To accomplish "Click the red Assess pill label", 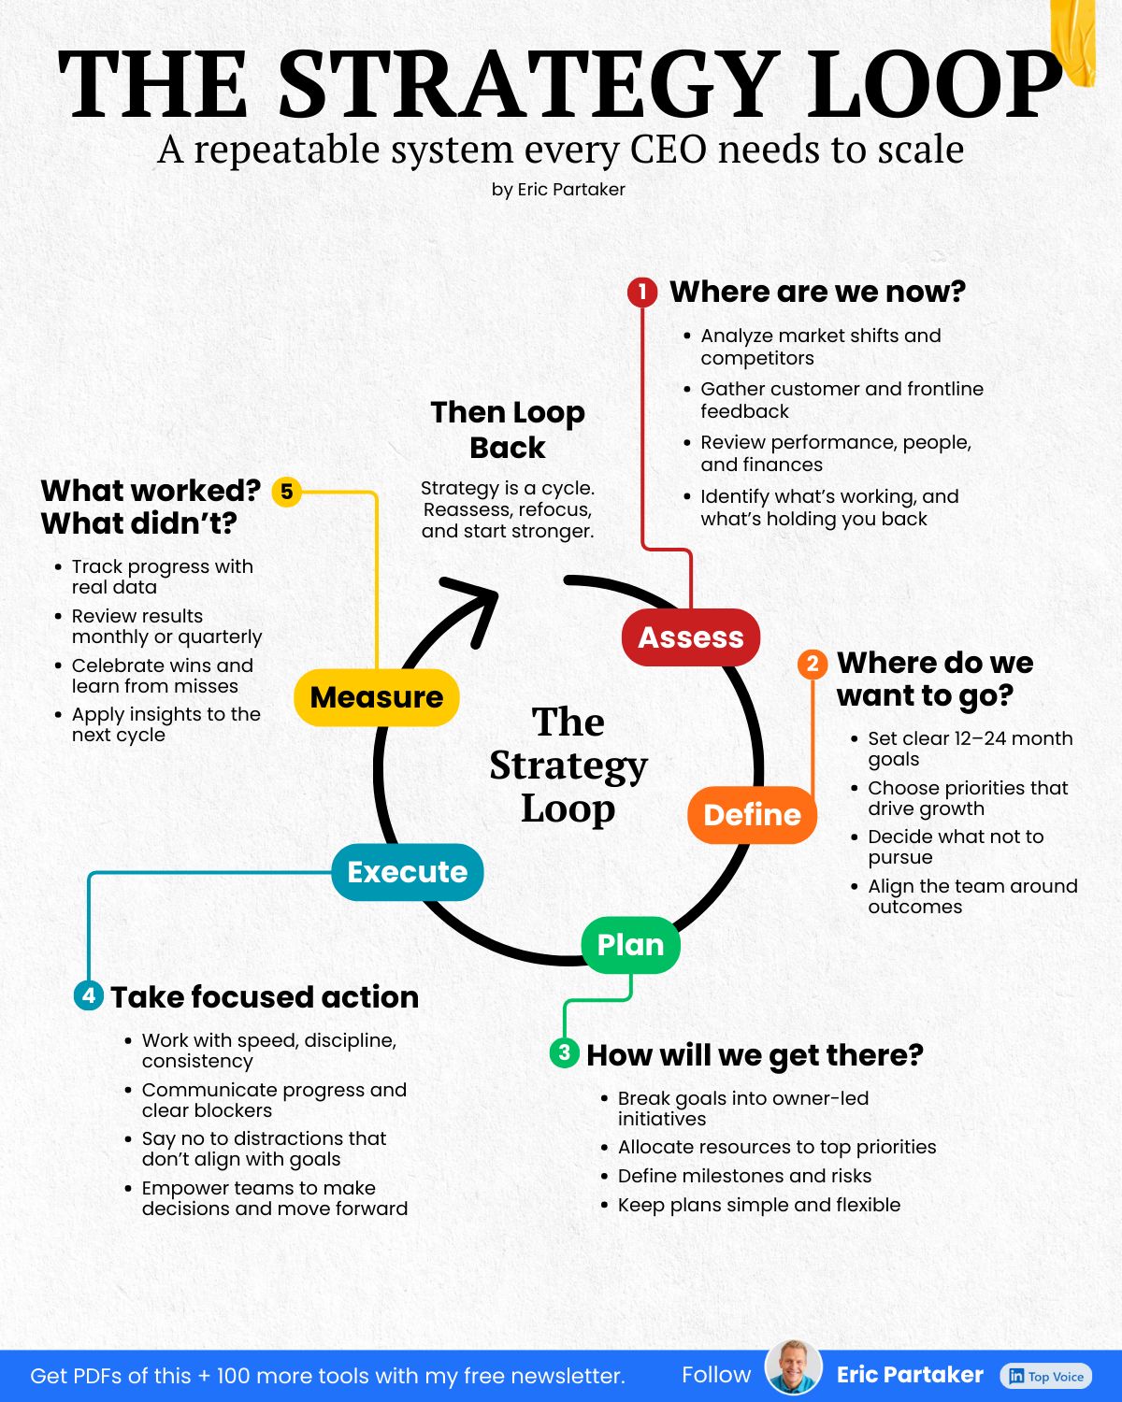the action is point(690,637).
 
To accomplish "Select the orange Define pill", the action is point(752,815).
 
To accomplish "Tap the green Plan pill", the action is point(630,945).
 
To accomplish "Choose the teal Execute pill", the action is point(408,872).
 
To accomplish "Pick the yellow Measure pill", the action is point(377,697).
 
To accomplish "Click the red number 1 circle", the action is point(642,293).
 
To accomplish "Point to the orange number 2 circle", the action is point(813,664).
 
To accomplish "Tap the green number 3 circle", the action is point(565,1052).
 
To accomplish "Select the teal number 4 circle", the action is point(89,995).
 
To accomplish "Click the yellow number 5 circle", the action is point(286,492).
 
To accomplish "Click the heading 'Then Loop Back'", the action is point(507,430).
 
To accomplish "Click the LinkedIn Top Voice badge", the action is point(1045,1376).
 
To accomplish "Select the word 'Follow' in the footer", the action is point(716,1375).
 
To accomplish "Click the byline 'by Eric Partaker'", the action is point(559,190).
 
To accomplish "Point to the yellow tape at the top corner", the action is point(1072,40).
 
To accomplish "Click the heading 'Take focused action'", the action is point(265,996).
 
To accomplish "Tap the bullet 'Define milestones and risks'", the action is point(744,1176).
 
